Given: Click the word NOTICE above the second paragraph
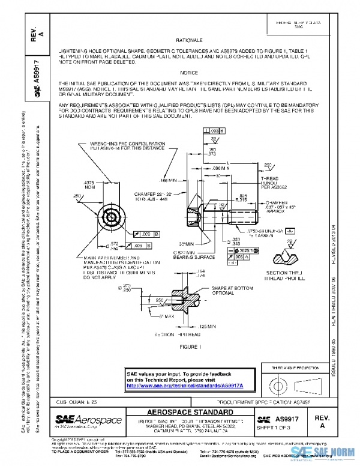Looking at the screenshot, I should pos(189,73).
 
